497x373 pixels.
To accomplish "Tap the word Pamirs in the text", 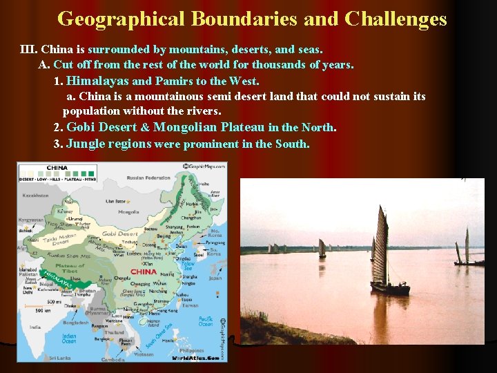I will [175, 81].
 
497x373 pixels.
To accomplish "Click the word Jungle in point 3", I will [84, 144].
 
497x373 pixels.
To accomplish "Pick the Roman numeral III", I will [29, 50].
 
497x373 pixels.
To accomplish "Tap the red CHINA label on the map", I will [144, 271].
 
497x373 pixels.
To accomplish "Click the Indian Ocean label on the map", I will [68, 339].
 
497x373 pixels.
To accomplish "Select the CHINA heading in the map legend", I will [57, 168].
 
